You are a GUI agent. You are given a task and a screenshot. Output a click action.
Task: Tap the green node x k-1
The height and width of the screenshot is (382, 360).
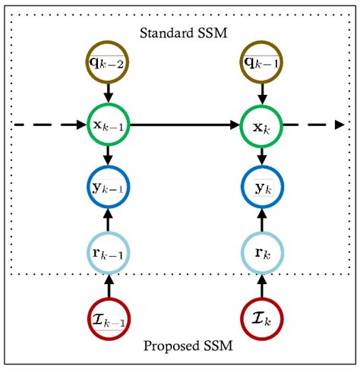pos(108,123)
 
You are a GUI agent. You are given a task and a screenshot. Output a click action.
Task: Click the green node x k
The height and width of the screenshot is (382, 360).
pos(262,123)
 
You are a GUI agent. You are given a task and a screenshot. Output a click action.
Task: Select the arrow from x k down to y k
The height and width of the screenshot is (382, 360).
pos(262,155)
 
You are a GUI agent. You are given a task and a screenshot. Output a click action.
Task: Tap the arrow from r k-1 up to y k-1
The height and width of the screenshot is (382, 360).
pos(108,219)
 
